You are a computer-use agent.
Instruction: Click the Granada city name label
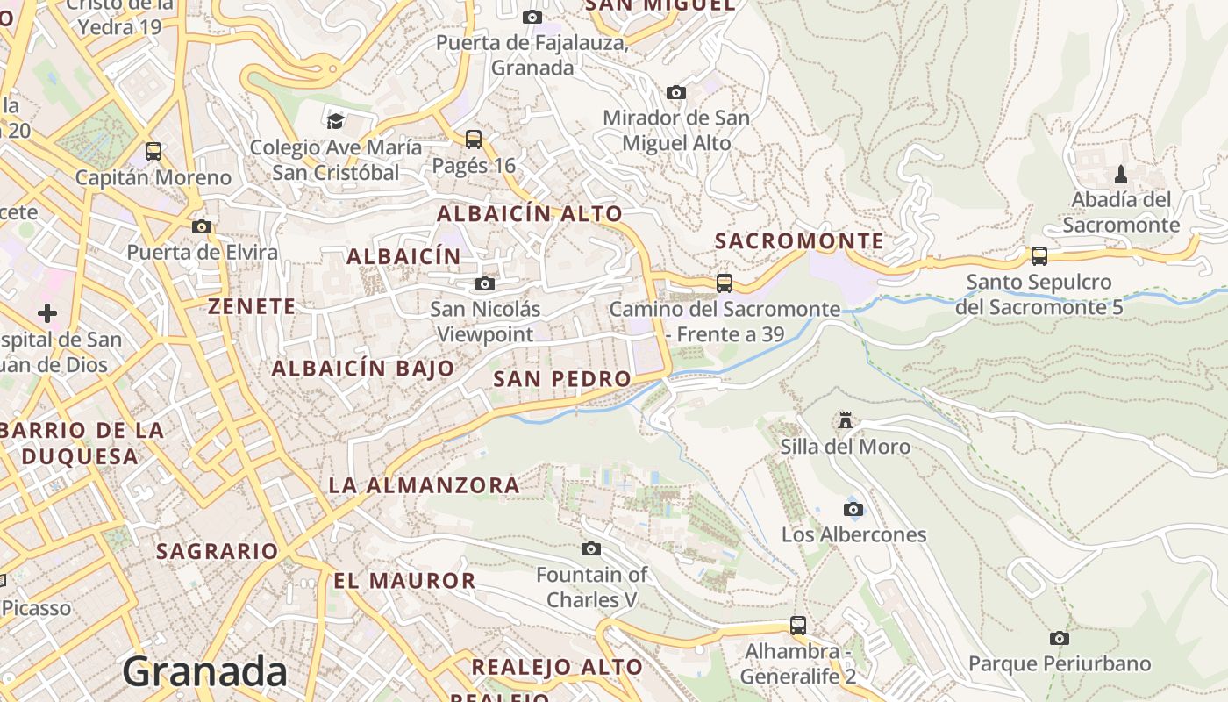(x=204, y=672)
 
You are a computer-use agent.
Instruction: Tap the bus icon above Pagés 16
(x=474, y=139)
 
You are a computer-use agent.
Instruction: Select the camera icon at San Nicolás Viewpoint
(x=484, y=283)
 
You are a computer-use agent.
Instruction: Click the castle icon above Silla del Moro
(x=846, y=420)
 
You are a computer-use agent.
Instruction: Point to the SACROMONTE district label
(x=799, y=240)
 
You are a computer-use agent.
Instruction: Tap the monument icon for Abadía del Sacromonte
(x=1121, y=174)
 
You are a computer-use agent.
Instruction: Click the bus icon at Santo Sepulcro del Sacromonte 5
(x=1039, y=256)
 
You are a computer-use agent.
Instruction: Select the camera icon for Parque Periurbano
(x=1060, y=638)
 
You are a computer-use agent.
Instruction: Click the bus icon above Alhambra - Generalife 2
(x=798, y=626)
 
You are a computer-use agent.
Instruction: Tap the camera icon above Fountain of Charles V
(x=591, y=548)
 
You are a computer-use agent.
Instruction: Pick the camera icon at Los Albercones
(x=853, y=509)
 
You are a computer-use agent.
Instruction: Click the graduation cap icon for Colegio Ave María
(x=335, y=121)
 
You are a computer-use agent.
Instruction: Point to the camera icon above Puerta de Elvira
(x=202, y=226)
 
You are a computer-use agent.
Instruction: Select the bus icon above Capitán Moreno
(x=153, y=151)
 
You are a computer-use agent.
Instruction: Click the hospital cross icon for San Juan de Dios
(x=47, y=312)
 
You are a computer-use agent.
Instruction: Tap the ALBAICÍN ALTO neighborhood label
(x=530, y=213)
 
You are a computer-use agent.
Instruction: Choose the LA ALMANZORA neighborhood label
(x=424, y=484)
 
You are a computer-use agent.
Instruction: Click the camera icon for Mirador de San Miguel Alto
(x=675, y=92)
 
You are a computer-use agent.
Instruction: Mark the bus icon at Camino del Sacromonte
(x=725, y=283)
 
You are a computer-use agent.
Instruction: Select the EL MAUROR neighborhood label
(x=404, y=580)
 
